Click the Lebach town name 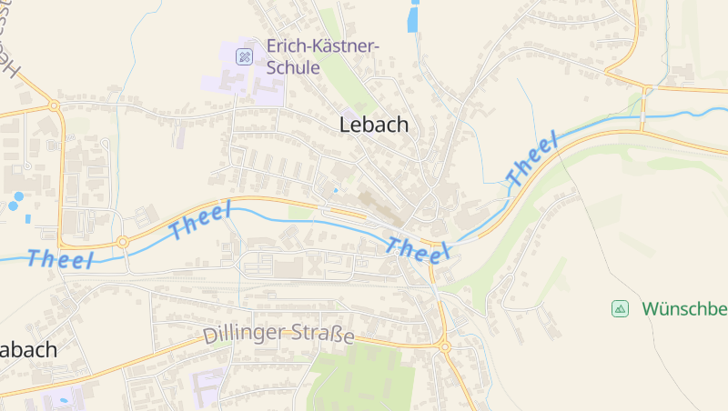pyautogui.click(x=373, y=125)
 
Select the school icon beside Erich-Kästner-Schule pyautogui.click(x=244, y=56)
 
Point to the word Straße pyautogui.click(x=321, y=336)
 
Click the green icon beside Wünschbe pyautogui.click(x=620, y=309)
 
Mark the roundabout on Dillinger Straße pyautogui.click(x=444, y=346)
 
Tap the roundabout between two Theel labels pyautogui.click(x=122, y=242)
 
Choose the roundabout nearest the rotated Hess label pyautogui.click(x=54, y=106)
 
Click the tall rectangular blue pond pyautogui.click(x=414, y=17)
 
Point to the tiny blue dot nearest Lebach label pyautogui.click(x=335, y=189)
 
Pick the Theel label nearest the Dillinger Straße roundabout pyautogui.click(x=420, y=249)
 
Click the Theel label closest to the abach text pyautogui.click(x=61, y=259)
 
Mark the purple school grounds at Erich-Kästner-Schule pyautogui.click(x=246, y=77)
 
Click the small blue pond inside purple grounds pyautogui.click(x=63, y=397)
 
